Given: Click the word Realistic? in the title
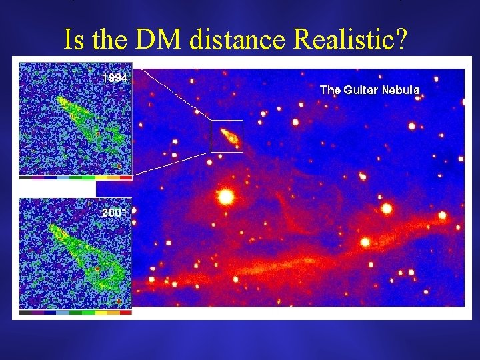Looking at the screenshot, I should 350,39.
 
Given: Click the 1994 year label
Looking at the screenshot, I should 115,78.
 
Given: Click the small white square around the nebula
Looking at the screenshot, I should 227,136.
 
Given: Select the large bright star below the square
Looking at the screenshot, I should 225,197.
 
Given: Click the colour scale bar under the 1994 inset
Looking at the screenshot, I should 75,178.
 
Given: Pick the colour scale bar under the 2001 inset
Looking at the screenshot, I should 75,311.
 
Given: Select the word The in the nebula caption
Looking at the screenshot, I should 330,89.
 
